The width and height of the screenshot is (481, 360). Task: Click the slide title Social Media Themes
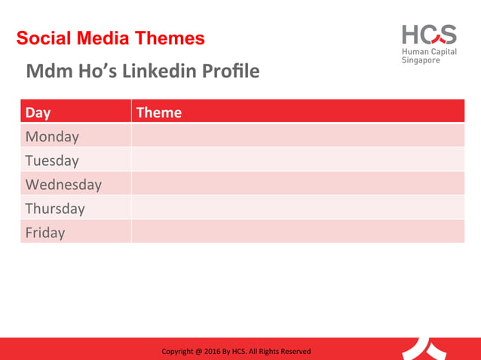pyautogui.click(x=110, y=38)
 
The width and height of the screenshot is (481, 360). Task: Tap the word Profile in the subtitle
pyautogui.click(x=230, y=72)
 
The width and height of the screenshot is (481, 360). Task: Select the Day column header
pyautogui.click(x=38, y=112)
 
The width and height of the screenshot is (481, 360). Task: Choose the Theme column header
pyautogui.click(x=158, y=112)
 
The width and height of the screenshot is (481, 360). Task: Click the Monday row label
pyautogui.click(x=52, y=136)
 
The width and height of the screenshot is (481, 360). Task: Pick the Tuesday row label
pyautogui.click(x=52, y=160)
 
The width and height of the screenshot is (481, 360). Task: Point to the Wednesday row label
pyautogui.click(x=63, y=185)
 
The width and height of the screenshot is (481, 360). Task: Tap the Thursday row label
pyautogui.click(x=55, y=209)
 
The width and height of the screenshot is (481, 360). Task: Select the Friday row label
pyautogui.click(x=45, y=233)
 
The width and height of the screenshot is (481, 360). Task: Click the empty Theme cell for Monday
pyautogui.click(x=298, y=136)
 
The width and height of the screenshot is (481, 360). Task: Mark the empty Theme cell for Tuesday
pyautogui.click(x=298, y=160)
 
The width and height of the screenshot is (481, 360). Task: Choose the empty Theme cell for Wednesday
pyautogui.click(x=298, y=185)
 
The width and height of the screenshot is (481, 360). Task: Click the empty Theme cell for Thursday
pyautogui.click(x=298, y=209)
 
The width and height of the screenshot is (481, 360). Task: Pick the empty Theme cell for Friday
pyautogui.click(x=298, y=233)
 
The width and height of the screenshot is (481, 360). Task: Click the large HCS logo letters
pyautogui.click(x=428, y=34)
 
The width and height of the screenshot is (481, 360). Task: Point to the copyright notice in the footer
pyautogui.click(x=236, y=352)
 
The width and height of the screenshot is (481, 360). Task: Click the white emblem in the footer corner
pyautogui.click(x=428, y=348)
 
